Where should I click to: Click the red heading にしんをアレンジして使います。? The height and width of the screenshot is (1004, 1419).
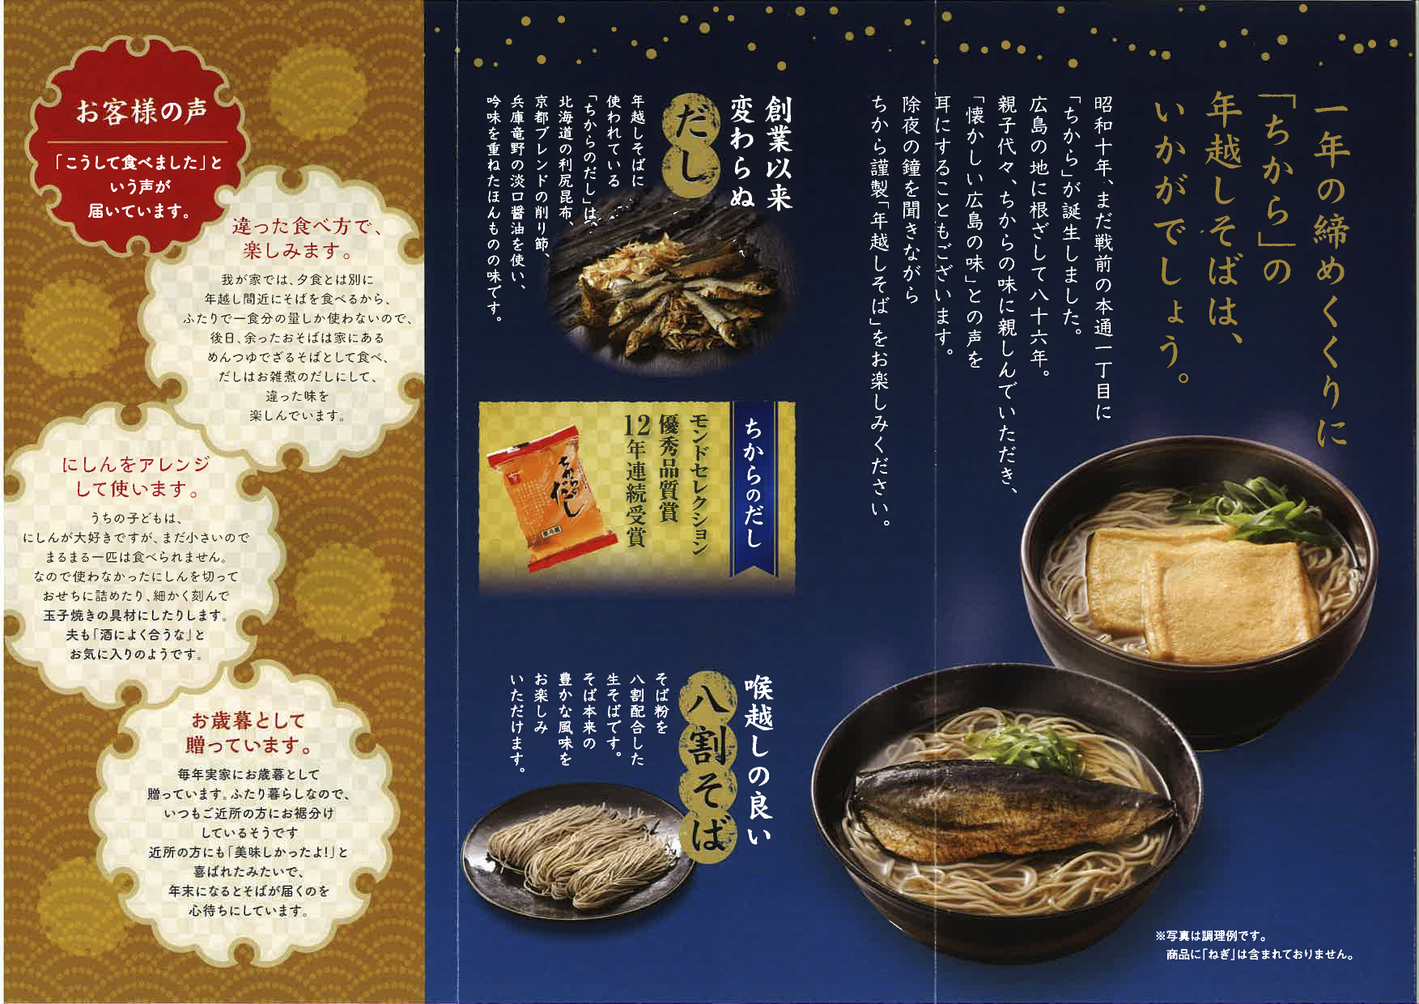point(137,476)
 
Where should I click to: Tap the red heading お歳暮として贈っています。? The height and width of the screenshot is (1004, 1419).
point(248,732)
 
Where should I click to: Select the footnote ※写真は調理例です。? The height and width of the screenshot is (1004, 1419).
point(1212,937)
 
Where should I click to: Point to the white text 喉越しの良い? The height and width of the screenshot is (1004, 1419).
point(759,762)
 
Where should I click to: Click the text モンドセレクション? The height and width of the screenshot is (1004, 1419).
point(698,485)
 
